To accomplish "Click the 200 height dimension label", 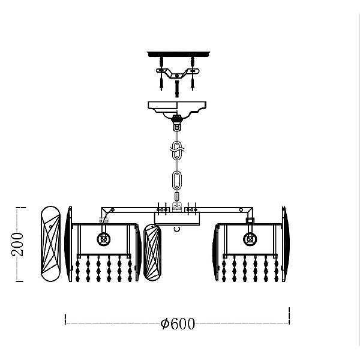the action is pyautogui.click(x=17, y=244).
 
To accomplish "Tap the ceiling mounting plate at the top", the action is pyautogui.click(x=178, y=54).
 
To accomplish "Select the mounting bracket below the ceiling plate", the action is pyautogui.click(x=178, y=73).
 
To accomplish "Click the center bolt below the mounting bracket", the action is pyautogui.click(x=177, y=88).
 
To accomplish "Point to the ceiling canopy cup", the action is pyautogui.click(x=177, y=110).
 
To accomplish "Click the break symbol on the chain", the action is pyautogui.click(x=177, y=149).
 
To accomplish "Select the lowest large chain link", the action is pyautogui.click(x=177, y=180).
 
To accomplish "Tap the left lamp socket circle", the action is pyautogui.click(x=104, y=239).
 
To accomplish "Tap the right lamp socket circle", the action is pyautogui.click(x=250, y=239).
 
